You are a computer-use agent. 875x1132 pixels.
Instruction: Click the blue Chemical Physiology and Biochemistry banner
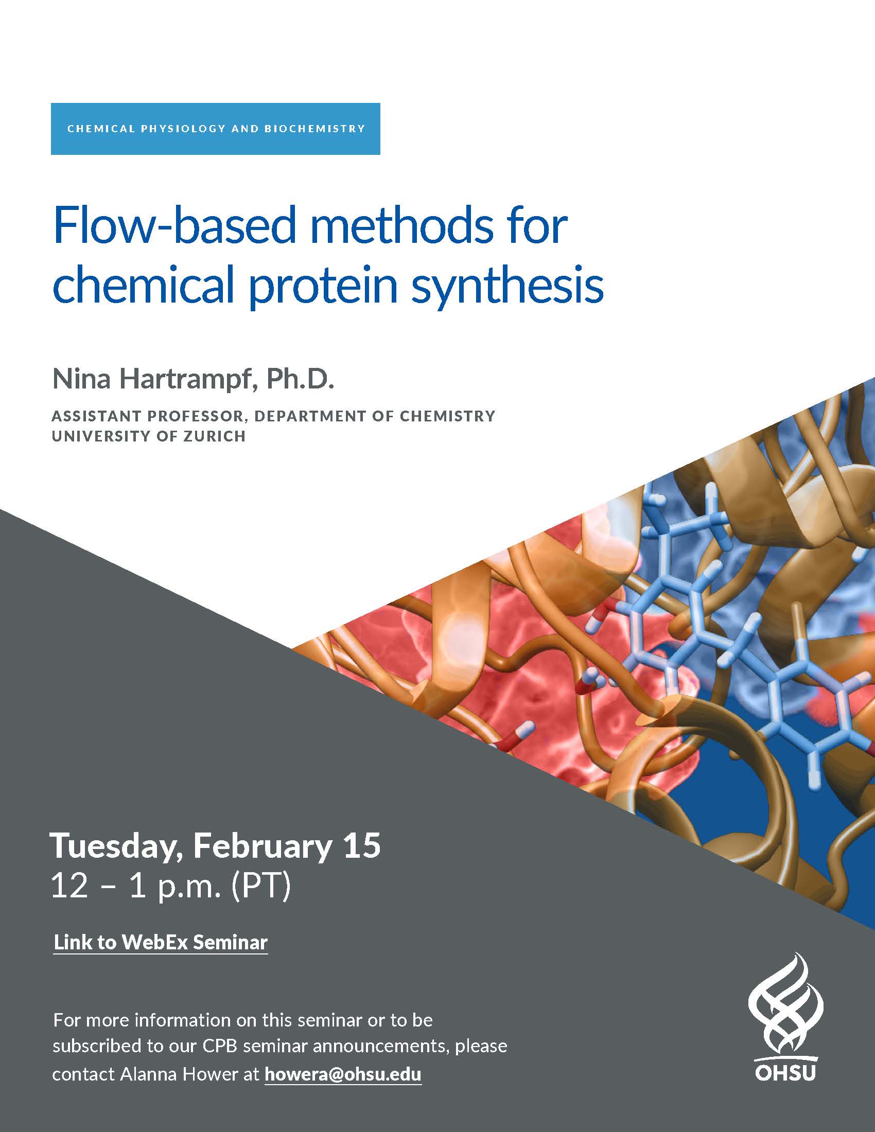216,129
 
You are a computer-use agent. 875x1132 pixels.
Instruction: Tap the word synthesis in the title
507,286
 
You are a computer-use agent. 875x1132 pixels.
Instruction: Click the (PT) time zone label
261,888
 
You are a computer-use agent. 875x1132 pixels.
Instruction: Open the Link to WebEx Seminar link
161,942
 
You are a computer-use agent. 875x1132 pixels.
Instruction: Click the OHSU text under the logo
785,1072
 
